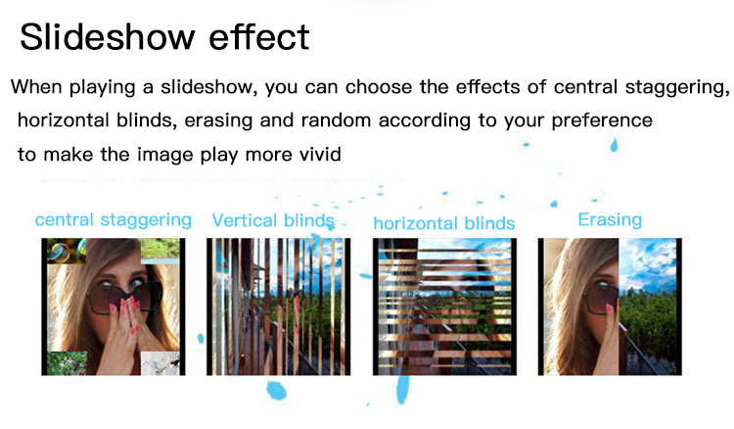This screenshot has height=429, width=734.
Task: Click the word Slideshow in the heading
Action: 108,37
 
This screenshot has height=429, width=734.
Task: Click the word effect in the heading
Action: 259,37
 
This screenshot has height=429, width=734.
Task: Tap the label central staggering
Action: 114,220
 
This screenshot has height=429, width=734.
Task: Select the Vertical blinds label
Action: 273,220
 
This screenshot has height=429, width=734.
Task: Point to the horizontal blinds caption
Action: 444,223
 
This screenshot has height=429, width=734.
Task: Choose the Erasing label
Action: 610,219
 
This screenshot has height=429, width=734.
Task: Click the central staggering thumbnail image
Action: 114,307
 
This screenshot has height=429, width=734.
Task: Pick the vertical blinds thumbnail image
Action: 279,307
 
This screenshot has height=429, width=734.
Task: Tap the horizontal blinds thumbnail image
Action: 444,307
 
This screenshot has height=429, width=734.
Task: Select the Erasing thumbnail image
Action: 610,307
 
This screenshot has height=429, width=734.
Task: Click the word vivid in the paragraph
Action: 320,155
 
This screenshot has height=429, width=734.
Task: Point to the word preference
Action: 602,120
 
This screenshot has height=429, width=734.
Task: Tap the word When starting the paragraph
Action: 36,87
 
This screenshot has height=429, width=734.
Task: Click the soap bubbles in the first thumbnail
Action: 67,251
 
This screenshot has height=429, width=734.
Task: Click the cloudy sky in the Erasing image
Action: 648,262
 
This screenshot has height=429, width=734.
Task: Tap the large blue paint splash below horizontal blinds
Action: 402,389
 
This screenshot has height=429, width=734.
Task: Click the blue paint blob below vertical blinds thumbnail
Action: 276,390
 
